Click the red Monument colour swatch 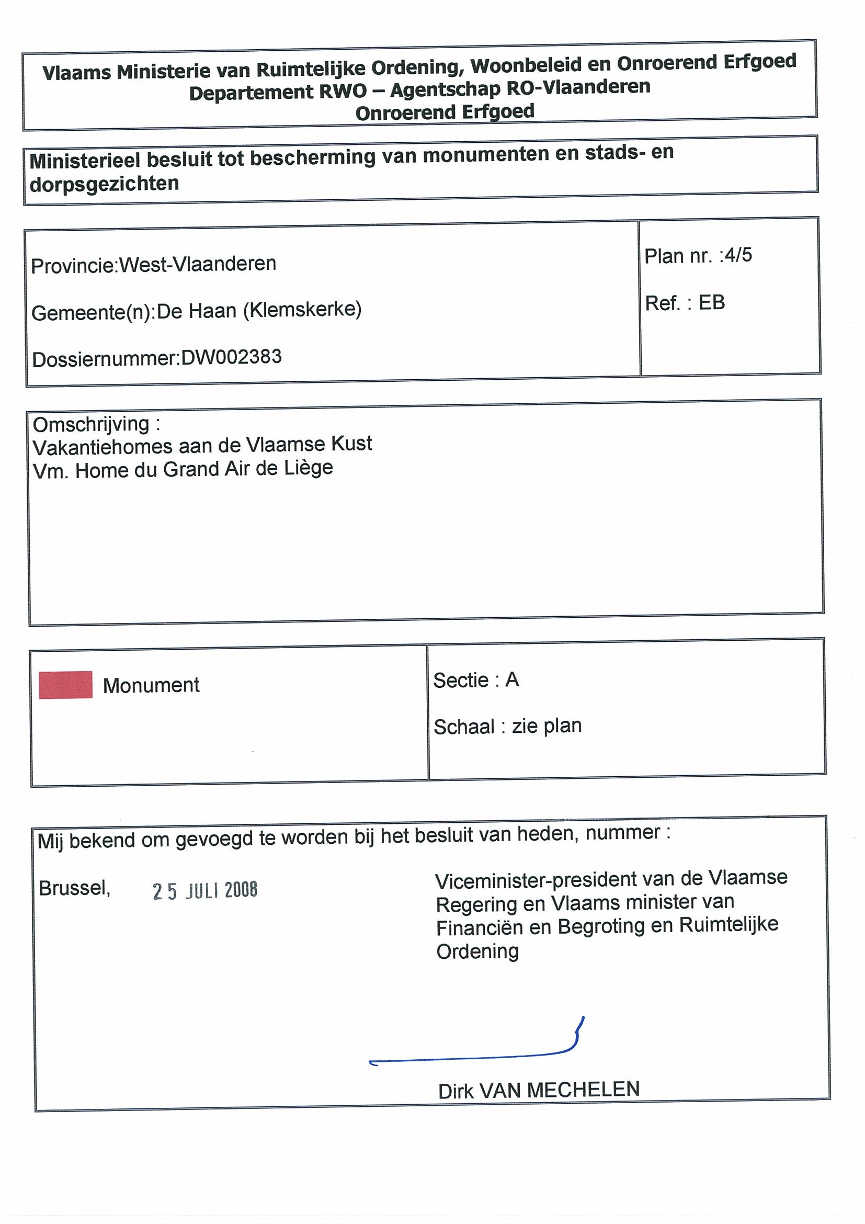click(x=65, y=685)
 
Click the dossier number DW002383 click(x=231, y=357)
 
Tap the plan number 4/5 click(x=737, y=255)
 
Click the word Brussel click(x=74, y=888)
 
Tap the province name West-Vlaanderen click(x=197, y=264)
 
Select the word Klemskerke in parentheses click(x=303, y=309)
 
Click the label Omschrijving click(x=91, y=424)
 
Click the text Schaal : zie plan click(x=507, y=726)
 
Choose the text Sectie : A click(x=476, y=679)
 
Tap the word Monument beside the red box click(x=151, y=685)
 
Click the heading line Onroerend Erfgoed click(x=445, y=112)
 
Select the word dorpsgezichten click(x=105, y=184)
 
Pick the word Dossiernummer click(x=105, y=359)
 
